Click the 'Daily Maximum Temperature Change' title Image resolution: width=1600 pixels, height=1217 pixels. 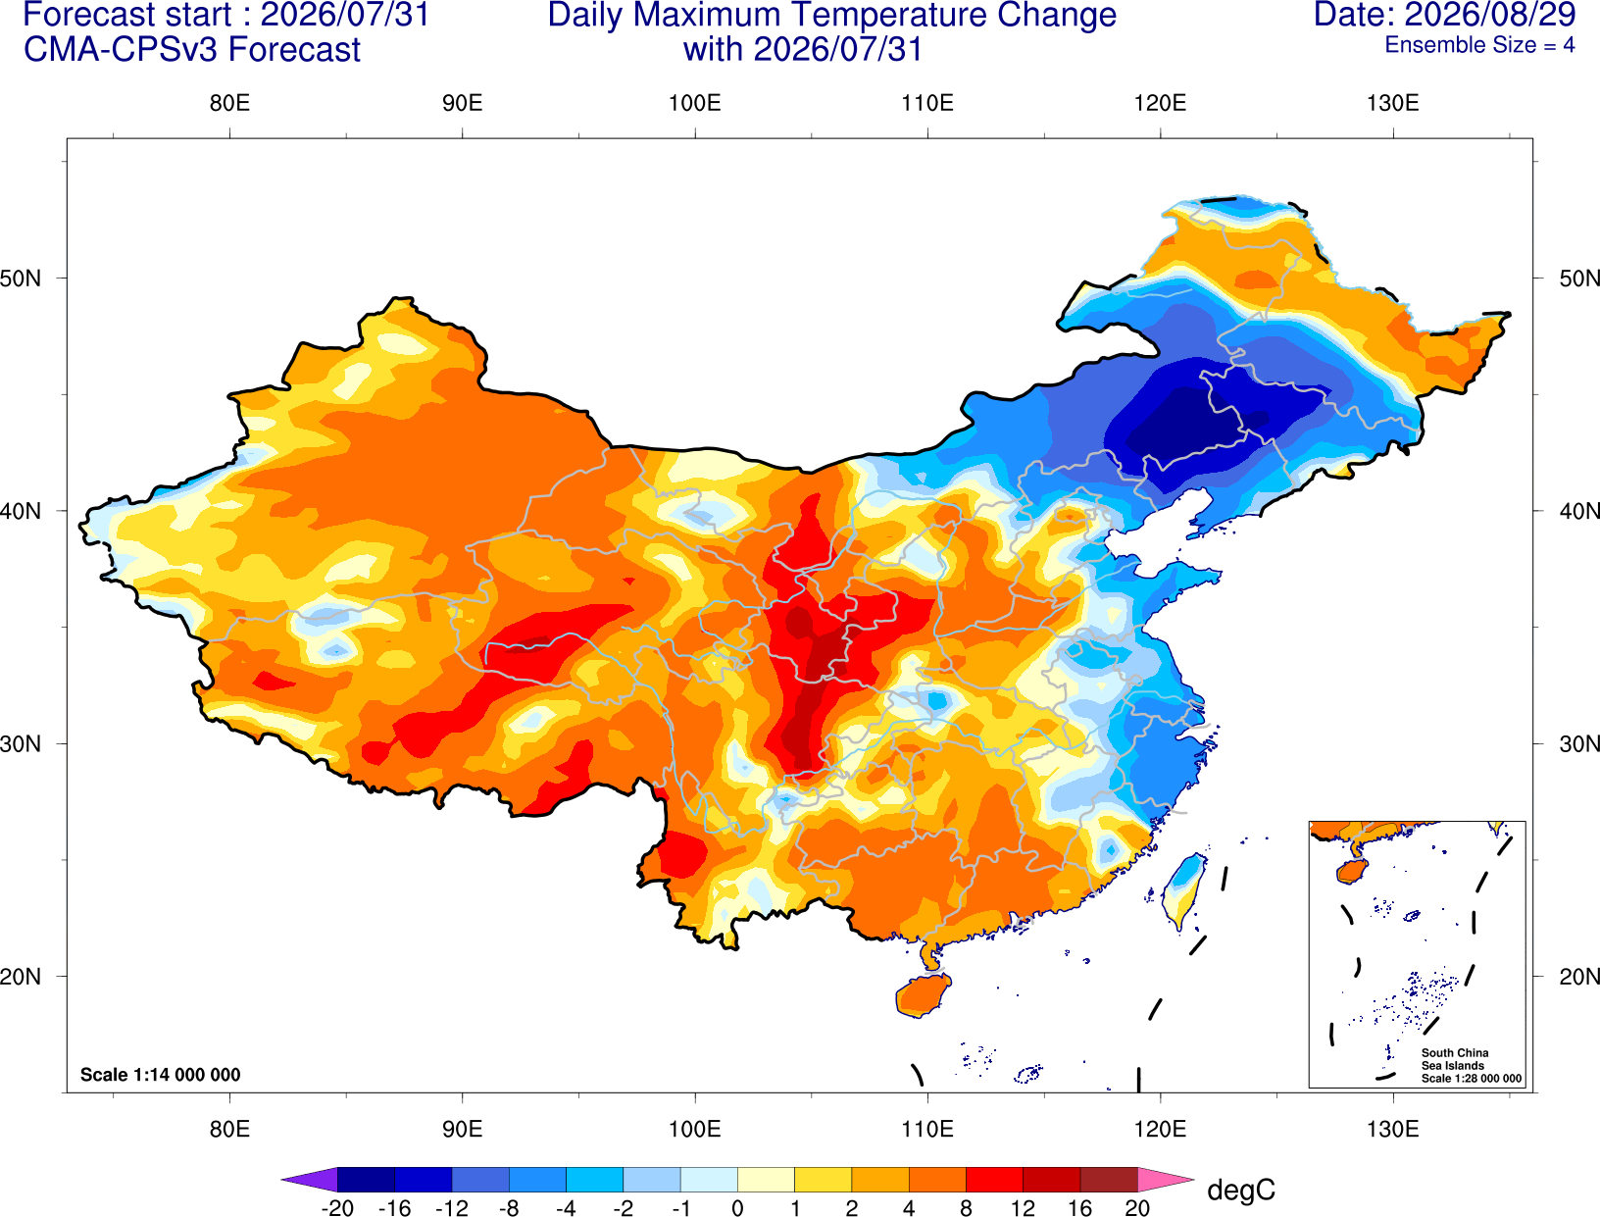coord(831,15)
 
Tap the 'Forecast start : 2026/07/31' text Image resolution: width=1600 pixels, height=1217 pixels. coord(226,15)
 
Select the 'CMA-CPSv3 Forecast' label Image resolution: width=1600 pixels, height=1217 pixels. coord(192,50)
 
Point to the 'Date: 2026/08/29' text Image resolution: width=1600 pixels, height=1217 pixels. coord(1445,15)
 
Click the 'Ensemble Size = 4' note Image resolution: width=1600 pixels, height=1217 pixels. coord(1479,45)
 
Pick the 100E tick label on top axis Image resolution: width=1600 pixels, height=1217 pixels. coord(695,103)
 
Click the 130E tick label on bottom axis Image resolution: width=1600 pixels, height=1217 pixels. coord(1393,1130)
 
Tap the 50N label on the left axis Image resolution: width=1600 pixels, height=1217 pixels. coord(21,278)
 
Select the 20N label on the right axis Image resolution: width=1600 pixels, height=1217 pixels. coord(1579,977)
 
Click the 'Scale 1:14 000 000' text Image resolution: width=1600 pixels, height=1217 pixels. coord(161,1075)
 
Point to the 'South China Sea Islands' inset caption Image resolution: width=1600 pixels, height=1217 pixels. coord(1455,1059)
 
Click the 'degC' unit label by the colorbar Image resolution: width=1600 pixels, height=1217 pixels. coord(1241,1191)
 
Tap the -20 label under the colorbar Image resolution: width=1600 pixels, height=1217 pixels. coord(337,1208)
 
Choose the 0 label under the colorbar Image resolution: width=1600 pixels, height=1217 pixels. coord(737,1208)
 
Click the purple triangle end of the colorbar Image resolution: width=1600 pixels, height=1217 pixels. coord(309,1179)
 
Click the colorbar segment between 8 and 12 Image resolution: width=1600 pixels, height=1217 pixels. coord(994,1179)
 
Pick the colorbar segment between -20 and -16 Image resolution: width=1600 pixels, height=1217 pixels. coord(366,1179)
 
